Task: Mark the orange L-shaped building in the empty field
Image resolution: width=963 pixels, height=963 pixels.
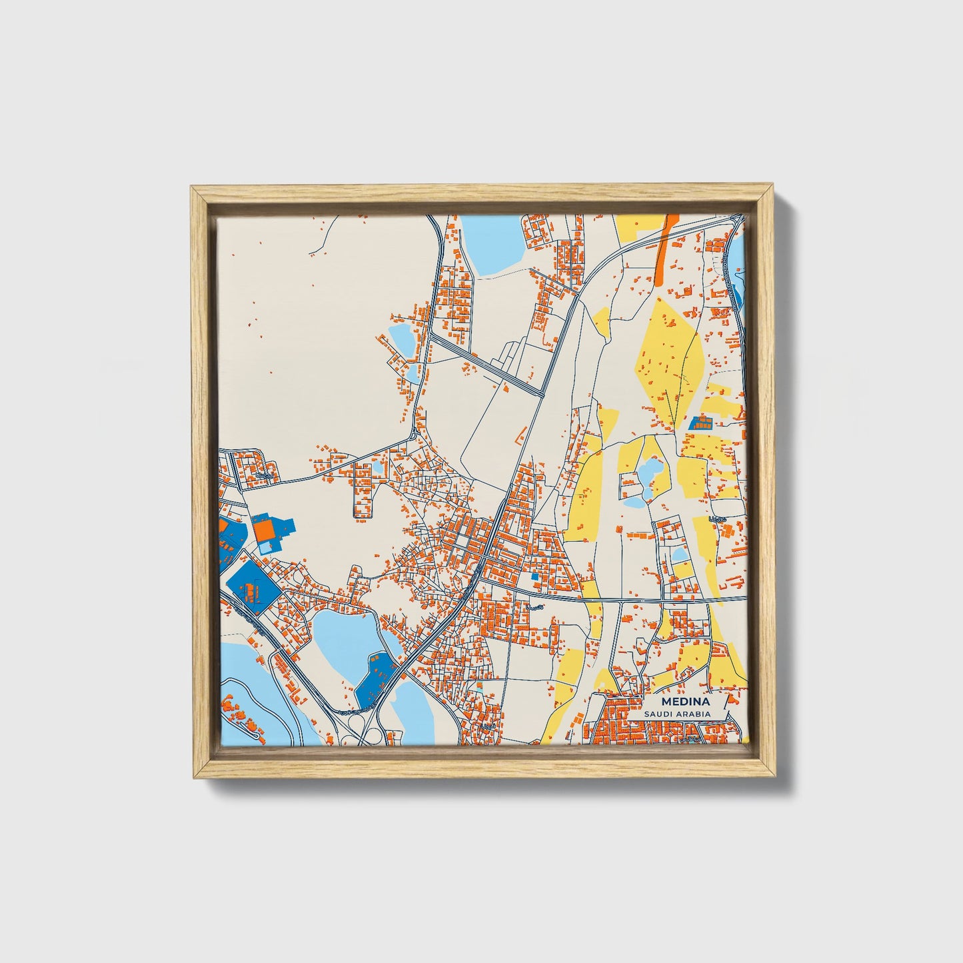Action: (518, 439)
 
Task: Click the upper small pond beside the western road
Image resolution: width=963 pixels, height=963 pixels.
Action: (401, 338)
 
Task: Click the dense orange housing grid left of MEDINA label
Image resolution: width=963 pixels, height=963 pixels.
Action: (620, 723)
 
